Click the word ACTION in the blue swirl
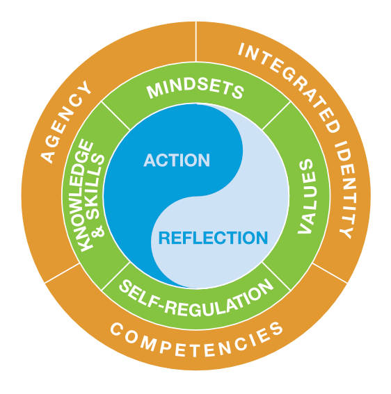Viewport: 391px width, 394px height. (x=177, y=161)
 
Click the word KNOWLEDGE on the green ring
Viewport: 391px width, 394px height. (x=86, y=197)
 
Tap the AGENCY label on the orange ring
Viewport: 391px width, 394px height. (x=67, y=122)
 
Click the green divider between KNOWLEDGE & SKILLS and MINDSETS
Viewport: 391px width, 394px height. (x=115, y=117)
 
